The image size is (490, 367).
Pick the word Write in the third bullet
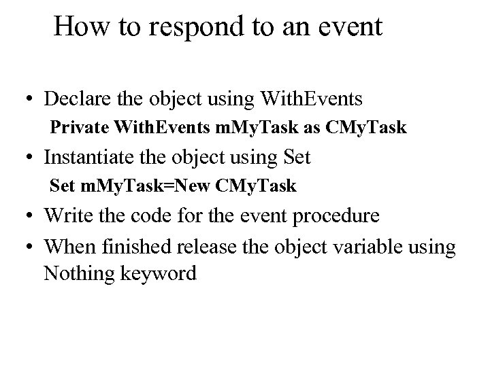coord(63,216)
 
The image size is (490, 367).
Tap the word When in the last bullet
coord(65,246)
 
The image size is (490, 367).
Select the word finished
coord(127,246)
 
